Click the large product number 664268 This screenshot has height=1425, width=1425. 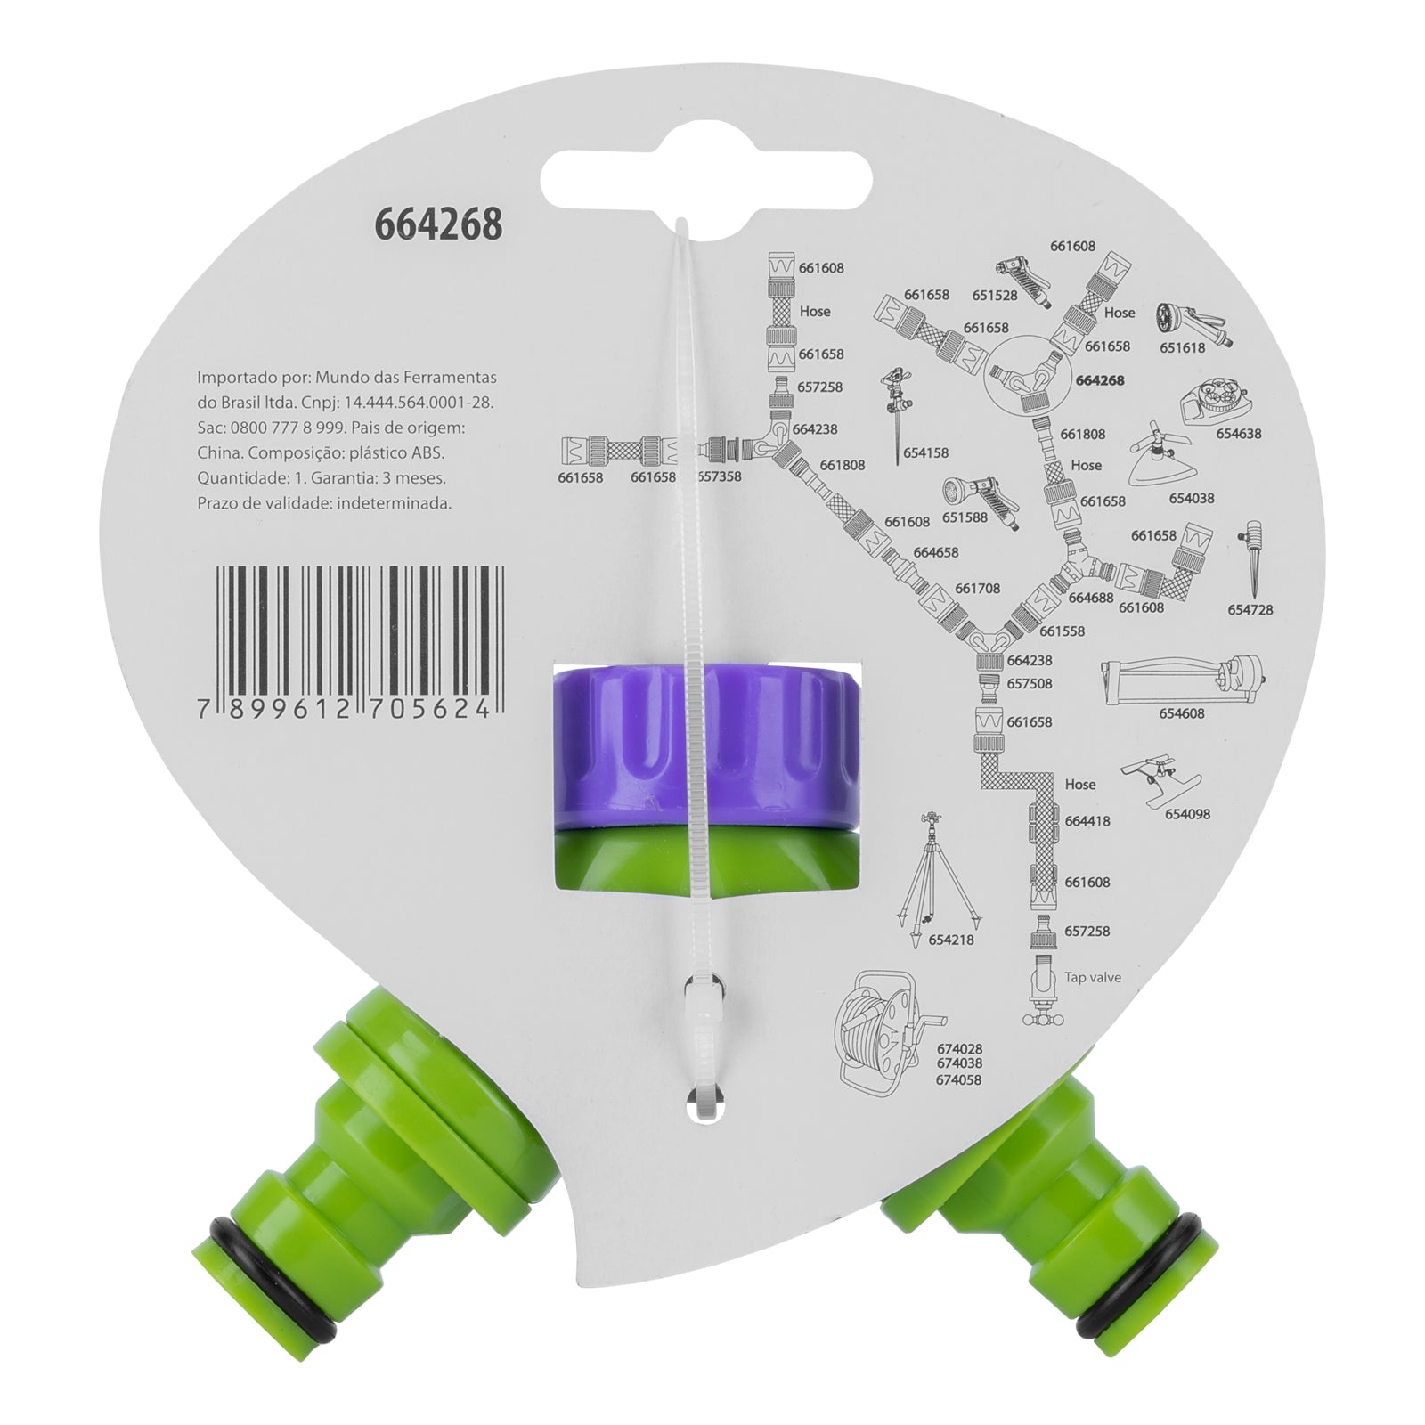point(438,224)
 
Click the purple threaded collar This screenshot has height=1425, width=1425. point(706,739)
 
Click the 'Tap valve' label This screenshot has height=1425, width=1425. point(1093,977)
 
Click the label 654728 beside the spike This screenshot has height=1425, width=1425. point(1250,610)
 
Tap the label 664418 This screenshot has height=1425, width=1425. point(1087,821)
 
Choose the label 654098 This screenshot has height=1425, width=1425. point(1187,814)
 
